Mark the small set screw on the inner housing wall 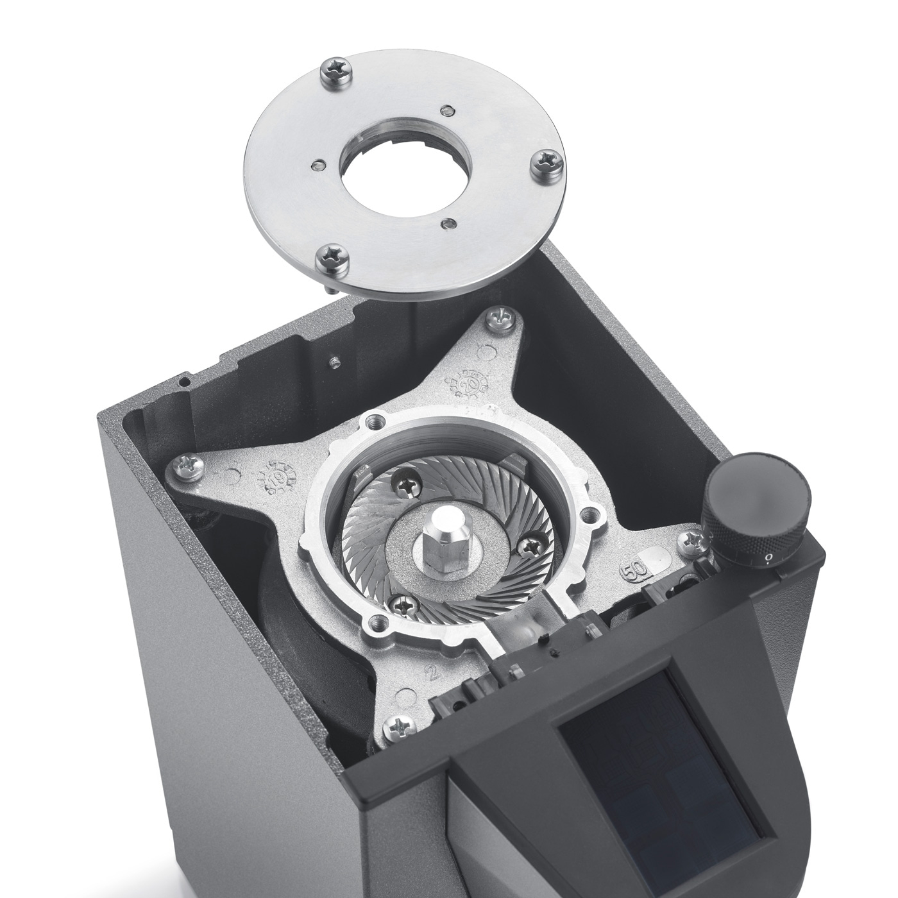click(x=334, y=362)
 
